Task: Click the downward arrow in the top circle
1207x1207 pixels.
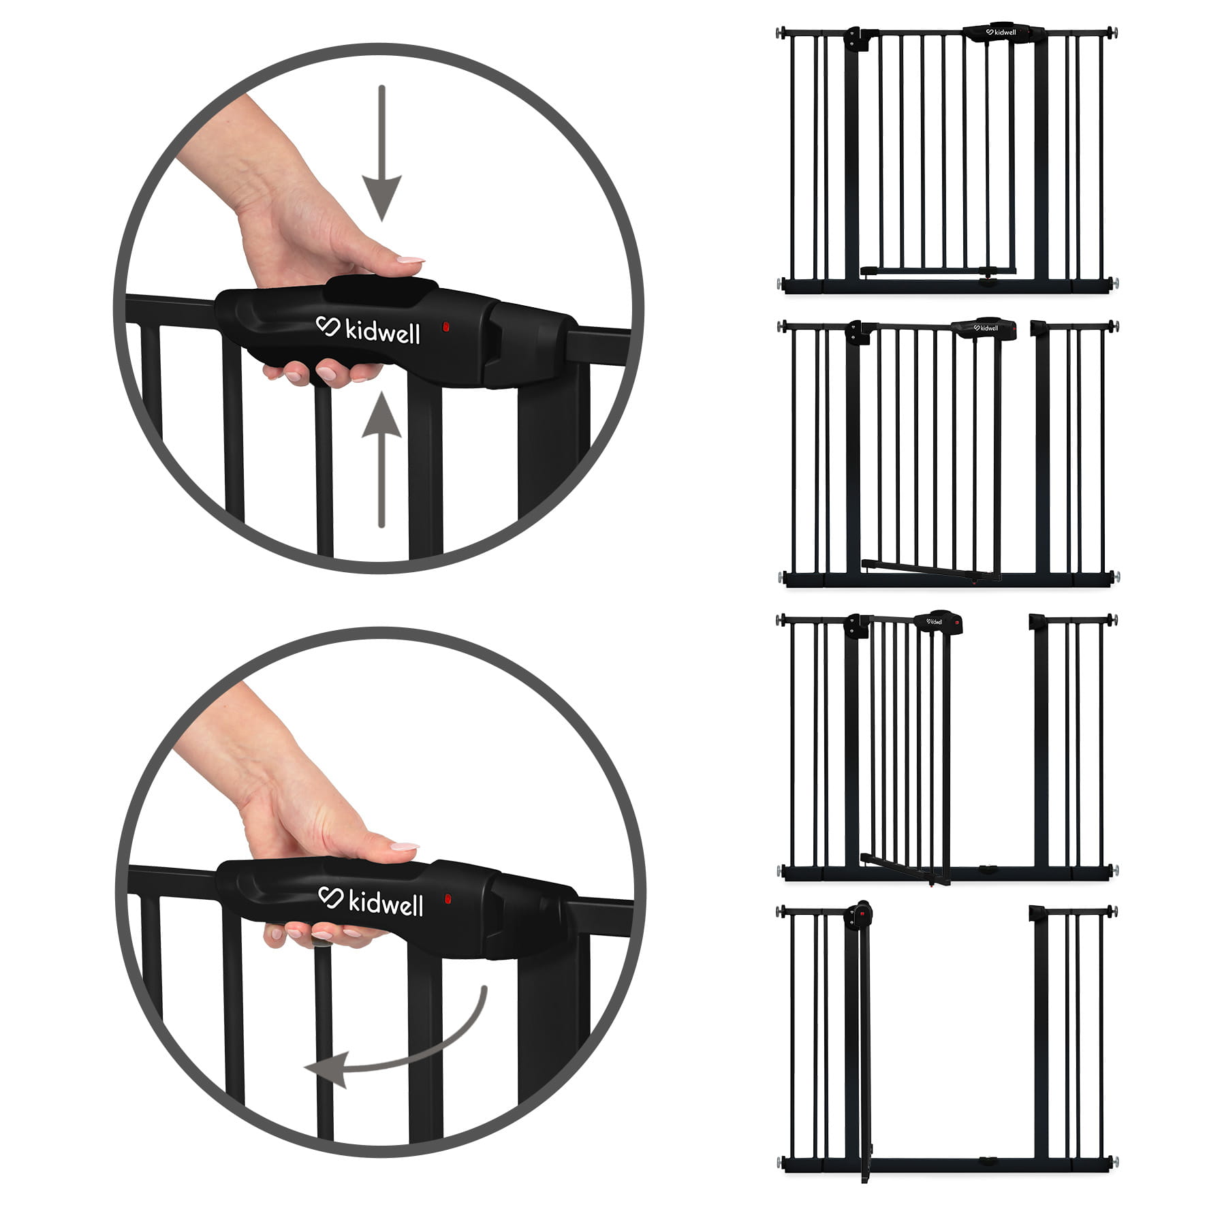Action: pos(381,153)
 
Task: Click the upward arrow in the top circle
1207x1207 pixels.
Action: pos(381,459)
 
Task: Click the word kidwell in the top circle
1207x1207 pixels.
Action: pos(383,332)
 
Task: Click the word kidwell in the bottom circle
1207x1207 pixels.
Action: pos(386,903)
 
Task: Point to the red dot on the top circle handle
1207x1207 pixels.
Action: pos(445,327)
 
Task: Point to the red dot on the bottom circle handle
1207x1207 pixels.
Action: pos(448,899)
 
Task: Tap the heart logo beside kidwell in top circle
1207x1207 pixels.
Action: pos(328,326)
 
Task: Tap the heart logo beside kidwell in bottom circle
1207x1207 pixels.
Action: pos(330,898)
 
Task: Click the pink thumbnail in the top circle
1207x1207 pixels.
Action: pos(411,260)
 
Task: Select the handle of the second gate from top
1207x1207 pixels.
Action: pos(984,328)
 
